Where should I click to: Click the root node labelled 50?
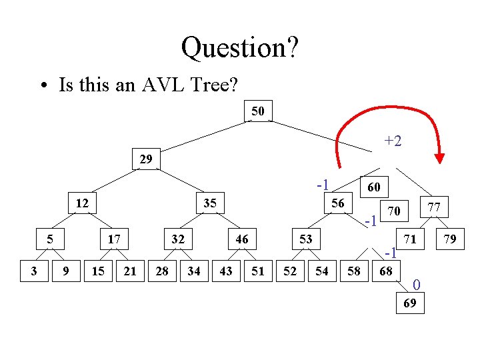coord(258,111)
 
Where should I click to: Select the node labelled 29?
coord(146,159)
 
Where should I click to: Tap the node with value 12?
coord(82,203)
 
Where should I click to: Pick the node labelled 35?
coord(209,203)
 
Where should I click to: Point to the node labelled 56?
coord(338,203)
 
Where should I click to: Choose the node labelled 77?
coord(434,207)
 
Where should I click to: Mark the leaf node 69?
coord(410,304)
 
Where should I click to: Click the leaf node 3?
coord(34,271)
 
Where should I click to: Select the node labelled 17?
coord(114,238)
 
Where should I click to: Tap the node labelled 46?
coord(241,238)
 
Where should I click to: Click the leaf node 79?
coord(450,239)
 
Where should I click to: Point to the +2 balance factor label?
coord(393,141)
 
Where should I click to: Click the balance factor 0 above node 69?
coord(417,286)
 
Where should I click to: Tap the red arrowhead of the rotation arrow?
coord(439,158)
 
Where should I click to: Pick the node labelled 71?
coord(411,238)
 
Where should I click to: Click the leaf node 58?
coord(353,271)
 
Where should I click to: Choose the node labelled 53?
coord(305,238)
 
